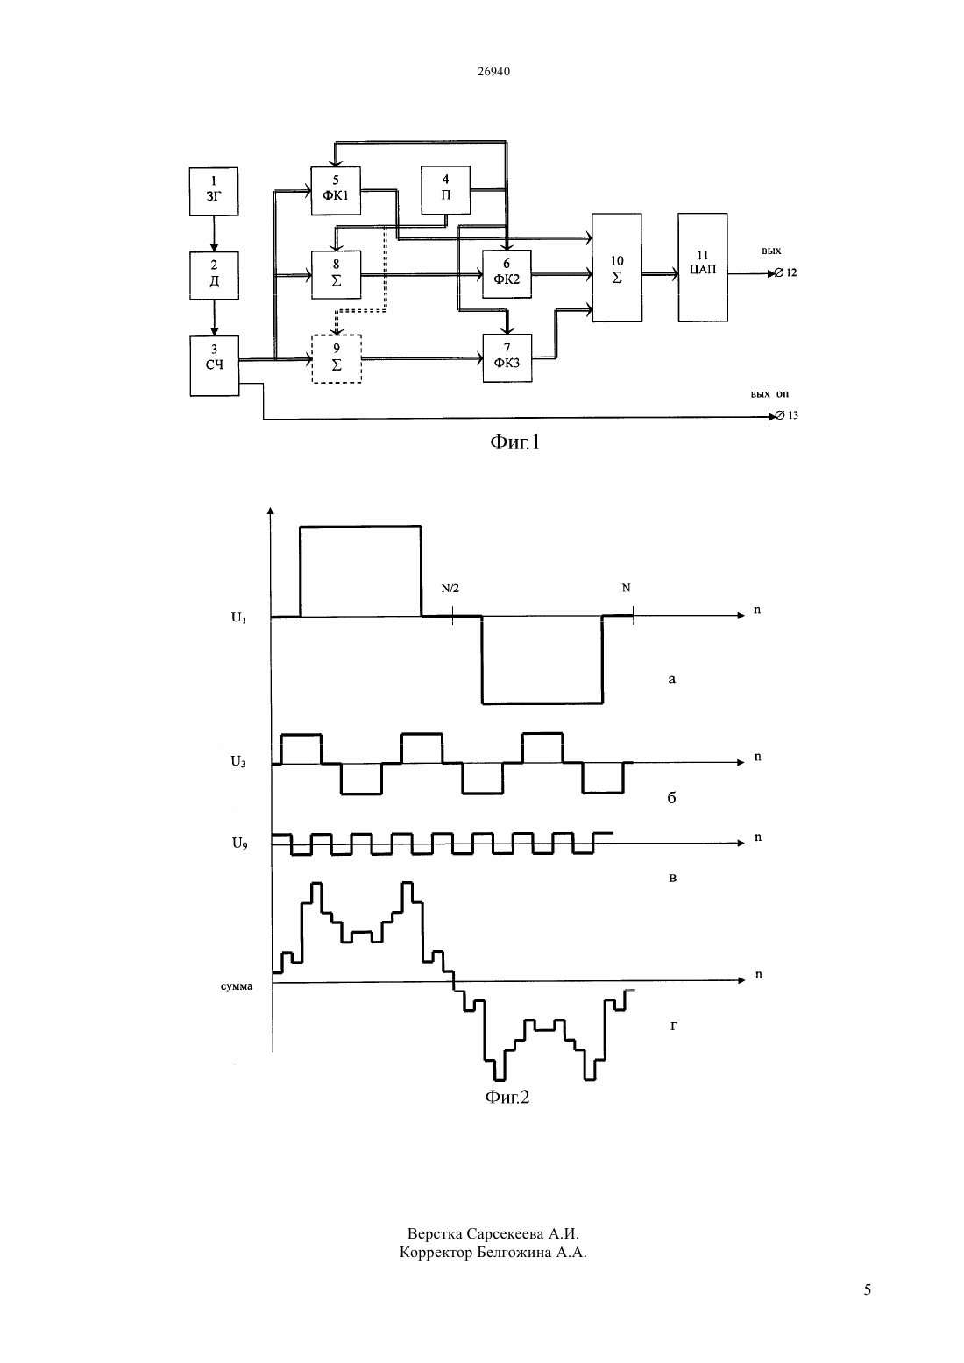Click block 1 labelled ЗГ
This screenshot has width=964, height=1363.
214,191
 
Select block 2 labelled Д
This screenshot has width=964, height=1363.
214,275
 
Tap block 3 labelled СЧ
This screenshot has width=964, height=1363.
214,365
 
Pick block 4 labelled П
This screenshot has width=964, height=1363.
445,190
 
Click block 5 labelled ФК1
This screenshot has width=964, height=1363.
336,190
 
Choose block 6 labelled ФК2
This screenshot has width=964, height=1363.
507,274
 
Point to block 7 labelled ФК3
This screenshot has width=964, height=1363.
507,357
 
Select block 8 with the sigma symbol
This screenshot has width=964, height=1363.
336,274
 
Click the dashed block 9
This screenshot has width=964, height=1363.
337,359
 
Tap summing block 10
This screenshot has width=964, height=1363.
616,267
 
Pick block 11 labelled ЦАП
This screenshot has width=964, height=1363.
703,267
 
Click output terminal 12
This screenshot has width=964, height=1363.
780,273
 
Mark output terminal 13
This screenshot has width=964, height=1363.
780,416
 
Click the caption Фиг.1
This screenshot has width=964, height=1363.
515,442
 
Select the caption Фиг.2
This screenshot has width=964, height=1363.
507,1097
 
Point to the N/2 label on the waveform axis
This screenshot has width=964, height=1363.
450,589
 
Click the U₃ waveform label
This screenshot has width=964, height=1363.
238,761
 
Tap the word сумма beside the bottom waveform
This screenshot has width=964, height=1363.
237,986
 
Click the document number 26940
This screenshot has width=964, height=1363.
493,71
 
